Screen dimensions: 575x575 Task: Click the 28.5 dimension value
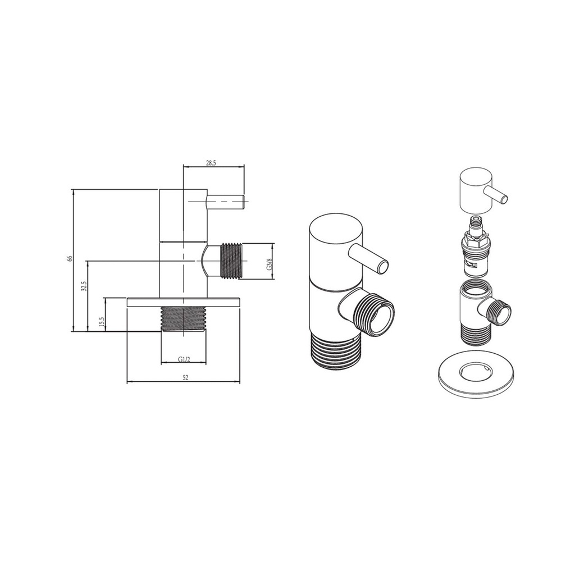[x=211, y=163]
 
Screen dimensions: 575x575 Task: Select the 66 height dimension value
[x=70, y=258]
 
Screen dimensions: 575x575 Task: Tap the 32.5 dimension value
[x=83, y=286]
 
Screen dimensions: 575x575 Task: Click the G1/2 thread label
[x=184, y=359]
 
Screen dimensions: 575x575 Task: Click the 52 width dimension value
[x=185, y=378]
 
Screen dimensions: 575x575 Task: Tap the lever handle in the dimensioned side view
[x=226, y=202]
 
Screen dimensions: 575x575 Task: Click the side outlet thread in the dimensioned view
[x=229, y=261]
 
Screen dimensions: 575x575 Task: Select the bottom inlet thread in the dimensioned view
[x=184, y=319]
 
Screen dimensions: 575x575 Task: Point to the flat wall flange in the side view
[x=184, y=302]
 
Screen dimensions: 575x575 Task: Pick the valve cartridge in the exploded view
[x=475, y=247]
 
